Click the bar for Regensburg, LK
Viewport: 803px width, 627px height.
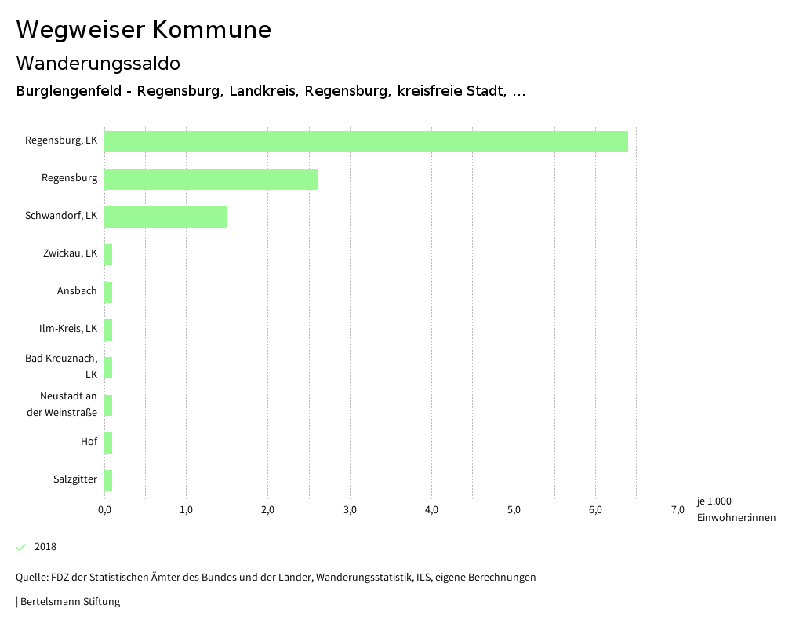pos(365,141)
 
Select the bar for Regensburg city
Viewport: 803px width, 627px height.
pos(210,179)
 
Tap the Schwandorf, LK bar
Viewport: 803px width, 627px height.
pos(165,217)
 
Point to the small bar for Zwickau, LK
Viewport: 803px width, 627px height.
pos(108,254)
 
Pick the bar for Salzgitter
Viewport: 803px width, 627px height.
pos(108,480)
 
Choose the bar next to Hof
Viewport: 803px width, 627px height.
pos(108,443)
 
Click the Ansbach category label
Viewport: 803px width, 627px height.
pos(77,291)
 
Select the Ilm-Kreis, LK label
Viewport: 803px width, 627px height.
pos(68,328)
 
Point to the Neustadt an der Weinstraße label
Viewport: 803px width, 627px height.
pos(68,404)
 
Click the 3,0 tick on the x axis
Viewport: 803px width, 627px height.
pos(350,511)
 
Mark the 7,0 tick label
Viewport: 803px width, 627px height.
pos(678,511)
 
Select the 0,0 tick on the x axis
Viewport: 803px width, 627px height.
pos(104,511)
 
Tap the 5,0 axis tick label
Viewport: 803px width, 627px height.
pos(514,511)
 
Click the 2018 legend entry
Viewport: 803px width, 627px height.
pos(45,547)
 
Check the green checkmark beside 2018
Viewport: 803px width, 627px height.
pos(21,547)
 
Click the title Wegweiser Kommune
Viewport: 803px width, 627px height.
pos(144,30)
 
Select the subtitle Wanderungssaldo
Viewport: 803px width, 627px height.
pos(98,63)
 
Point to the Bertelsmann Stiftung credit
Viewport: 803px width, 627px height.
pos(68,602)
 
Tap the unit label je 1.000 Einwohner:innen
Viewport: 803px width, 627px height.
pos(736,509)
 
